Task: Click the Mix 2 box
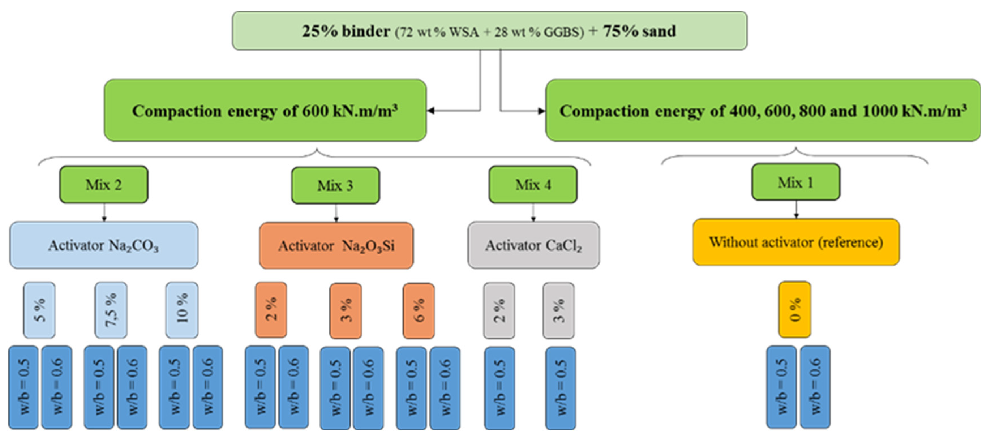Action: (104, 185)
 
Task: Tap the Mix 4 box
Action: (533, 185)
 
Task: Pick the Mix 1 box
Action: (795, 183)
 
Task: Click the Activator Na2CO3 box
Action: (104, 245)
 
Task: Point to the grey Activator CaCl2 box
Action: (534, 245)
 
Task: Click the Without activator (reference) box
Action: (796, 242)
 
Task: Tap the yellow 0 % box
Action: (795, 310)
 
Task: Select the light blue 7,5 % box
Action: (111, 310)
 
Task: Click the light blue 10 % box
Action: (182, 310)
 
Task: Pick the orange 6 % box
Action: (419, 311)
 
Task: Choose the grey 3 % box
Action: (559, 311)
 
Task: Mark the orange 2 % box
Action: (271, 310)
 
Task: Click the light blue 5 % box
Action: (39, 310)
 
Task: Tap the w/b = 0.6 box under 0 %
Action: (815, 387)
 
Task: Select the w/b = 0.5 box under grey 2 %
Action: (499, 388)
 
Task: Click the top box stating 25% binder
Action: (490, 31)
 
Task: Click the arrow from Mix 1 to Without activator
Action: (796, 209)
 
